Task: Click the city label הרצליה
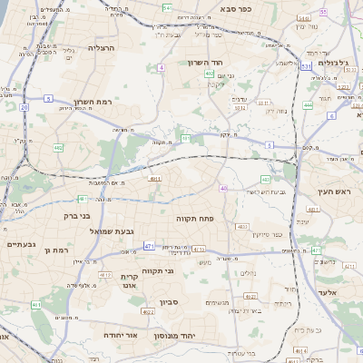coord(100,46)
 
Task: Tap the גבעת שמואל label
coord(112,231)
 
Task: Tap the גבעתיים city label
coord(20,244)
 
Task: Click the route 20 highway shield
coord(24,107)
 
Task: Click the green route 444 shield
coord(308,105)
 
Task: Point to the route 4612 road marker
coord(104,274)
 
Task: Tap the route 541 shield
coord(167,6)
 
